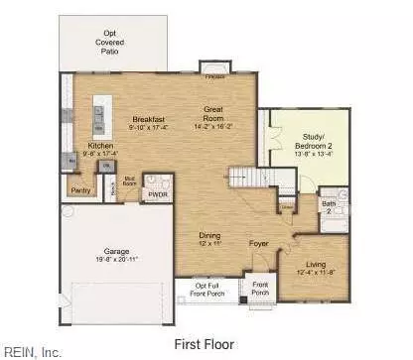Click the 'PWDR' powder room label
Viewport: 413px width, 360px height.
coord(157,194)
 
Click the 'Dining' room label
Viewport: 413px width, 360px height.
coord(207,234)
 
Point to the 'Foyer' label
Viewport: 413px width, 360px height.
coord(260,242)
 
